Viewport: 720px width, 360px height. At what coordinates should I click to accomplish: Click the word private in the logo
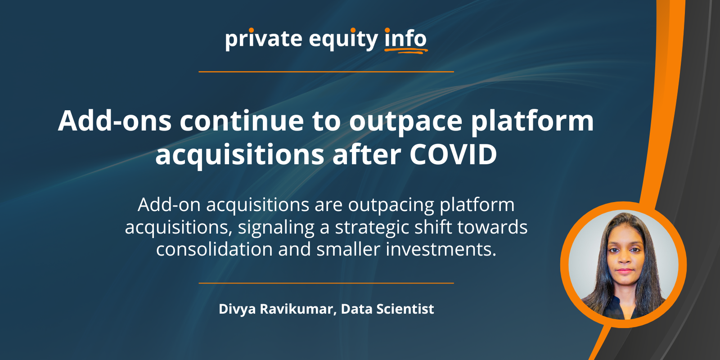[264, 40]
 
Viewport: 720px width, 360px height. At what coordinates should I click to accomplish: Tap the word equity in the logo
[343, 40]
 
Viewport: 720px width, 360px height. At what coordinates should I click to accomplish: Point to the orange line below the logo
[326, 72]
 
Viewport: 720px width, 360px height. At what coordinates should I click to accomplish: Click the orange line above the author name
[326, 283]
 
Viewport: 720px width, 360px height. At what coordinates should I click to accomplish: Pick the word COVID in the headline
[453, 155]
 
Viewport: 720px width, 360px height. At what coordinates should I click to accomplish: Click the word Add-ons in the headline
[114, 121]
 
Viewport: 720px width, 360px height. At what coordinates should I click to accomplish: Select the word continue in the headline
[242, 121]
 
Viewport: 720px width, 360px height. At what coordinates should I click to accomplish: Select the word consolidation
[214, 249]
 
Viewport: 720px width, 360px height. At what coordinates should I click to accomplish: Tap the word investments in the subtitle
[441, 249]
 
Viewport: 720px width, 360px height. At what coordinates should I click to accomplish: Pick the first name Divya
[237, 309]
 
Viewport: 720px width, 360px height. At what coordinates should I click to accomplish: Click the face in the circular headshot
[625, 256]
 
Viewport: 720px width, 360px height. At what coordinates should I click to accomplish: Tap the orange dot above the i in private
[252, 30]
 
